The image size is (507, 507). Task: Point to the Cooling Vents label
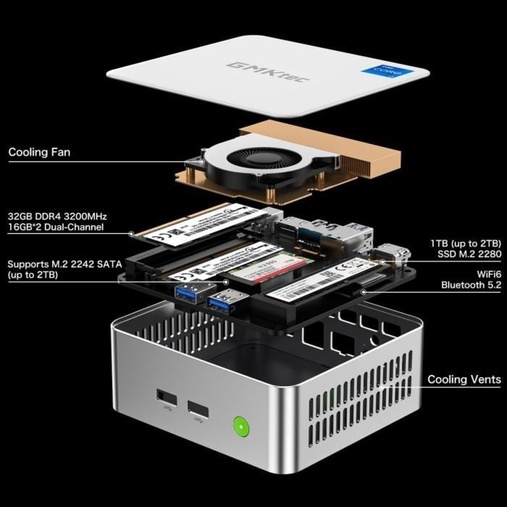464,380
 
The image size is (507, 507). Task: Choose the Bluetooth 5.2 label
471,285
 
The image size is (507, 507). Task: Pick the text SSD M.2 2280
469,253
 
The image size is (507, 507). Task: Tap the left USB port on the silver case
165,398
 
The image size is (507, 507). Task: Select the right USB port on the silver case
198,409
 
